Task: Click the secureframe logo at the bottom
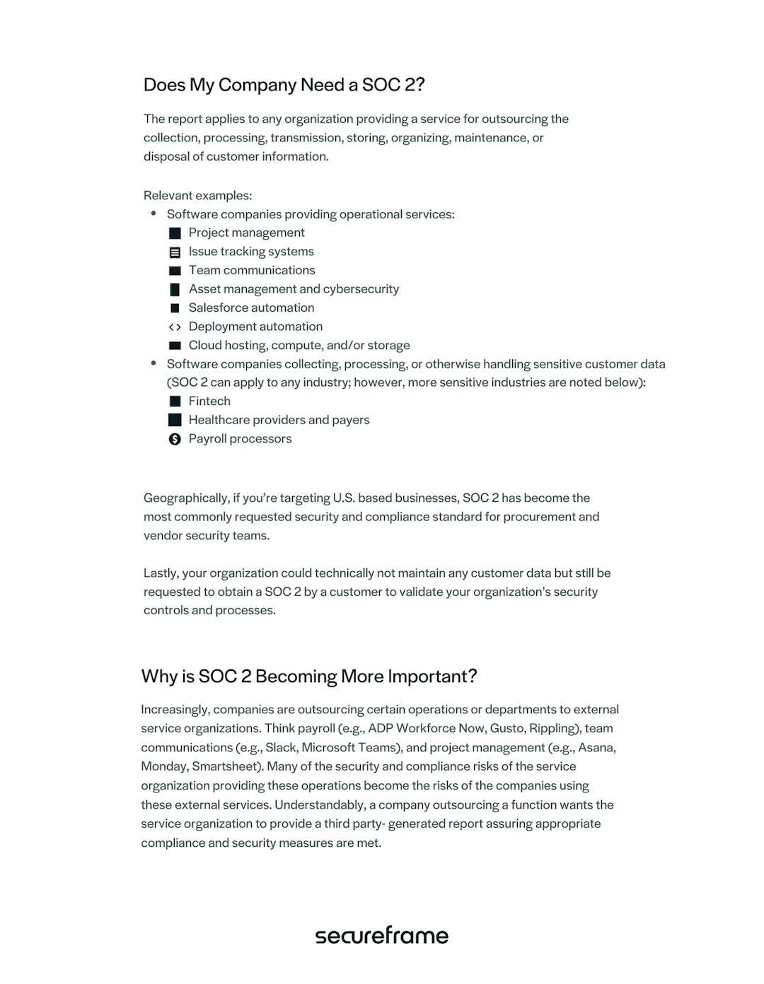click(x=381, y=935)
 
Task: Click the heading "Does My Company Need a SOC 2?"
click(x=284, y=85)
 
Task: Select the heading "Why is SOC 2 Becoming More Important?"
click(x=309, y=676)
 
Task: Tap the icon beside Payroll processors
click(x=175, y=439)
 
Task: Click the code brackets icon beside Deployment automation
click(x=175, y=327)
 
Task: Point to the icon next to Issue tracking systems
click(x=175, y=252)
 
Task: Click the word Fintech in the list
click(x=209, y=402)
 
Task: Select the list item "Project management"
click(x=246, y=233)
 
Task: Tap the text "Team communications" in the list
click(x=252, y=270)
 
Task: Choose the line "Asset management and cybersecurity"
click(x=294, y=289)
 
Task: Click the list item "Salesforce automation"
click(x=251, y=307)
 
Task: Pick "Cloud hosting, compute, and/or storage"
click(x=299, y=345)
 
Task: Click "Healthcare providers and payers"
click(x=279, y=420)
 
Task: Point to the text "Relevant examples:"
click(x=197, y=195)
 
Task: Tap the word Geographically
click(x=186, y=498)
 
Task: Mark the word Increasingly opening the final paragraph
click(x=175, y=710)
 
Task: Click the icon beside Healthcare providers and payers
click(x=175, y=420)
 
